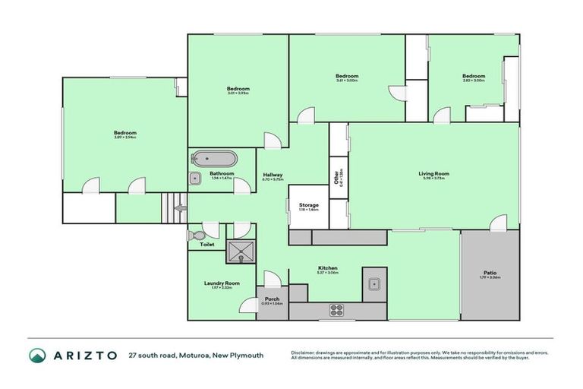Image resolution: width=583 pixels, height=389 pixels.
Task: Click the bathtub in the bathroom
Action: pos(213,159)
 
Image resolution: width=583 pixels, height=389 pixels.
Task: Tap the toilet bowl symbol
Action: pos(198,234)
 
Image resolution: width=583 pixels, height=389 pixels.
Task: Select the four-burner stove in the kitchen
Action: pos(336,309)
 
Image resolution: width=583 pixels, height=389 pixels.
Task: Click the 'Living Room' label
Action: pos(434,173)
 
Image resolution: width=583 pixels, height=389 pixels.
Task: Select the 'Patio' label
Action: pos(490,272)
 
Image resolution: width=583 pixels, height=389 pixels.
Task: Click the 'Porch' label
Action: pos(273,299)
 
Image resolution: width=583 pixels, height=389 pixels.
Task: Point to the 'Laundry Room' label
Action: pos(222,283)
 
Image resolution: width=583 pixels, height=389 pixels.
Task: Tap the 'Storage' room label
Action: pos(308,205)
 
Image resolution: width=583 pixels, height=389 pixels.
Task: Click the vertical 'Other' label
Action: pos(336,178)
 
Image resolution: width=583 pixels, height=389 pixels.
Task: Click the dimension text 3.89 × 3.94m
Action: pos(125,138)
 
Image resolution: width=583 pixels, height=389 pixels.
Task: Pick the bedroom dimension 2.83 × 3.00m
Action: pos(474,81)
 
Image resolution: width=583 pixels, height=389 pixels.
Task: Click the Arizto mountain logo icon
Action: pos(36,356)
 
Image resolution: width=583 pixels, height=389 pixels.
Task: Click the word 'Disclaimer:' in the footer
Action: pos(304,353)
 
